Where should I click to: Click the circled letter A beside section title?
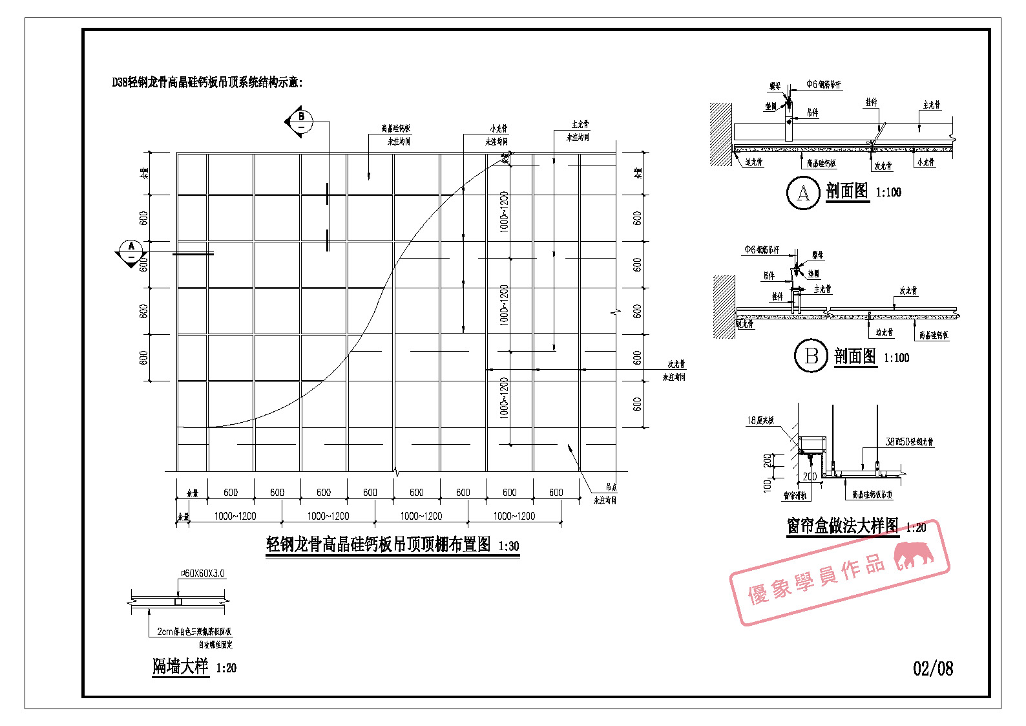tap(803, 193)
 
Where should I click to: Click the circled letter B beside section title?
tap(811, 356)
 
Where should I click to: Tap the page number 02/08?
tap(932, 668)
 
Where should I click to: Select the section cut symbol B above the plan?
tap(300, 120)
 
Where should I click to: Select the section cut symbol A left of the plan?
tap(131, 251)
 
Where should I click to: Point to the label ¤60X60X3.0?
tap(203, 573)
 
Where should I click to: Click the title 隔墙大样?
tap(180, 667)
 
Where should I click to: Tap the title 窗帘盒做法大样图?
tap(842, 526)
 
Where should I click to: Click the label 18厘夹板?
tap(760, 420)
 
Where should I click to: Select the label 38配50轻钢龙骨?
tap(909, 442)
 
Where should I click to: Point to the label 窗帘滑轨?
tap(795, 496)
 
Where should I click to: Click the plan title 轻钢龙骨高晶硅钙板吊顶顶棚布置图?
tap(379, 544)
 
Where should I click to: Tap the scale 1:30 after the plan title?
tap(508, 546)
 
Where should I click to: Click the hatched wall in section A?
tap(720, 134)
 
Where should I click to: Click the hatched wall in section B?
tap(724, 306)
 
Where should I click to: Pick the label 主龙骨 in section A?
tap(931, 105)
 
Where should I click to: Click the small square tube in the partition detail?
tap(178, 602)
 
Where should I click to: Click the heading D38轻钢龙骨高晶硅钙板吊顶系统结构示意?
tap(207, 82)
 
